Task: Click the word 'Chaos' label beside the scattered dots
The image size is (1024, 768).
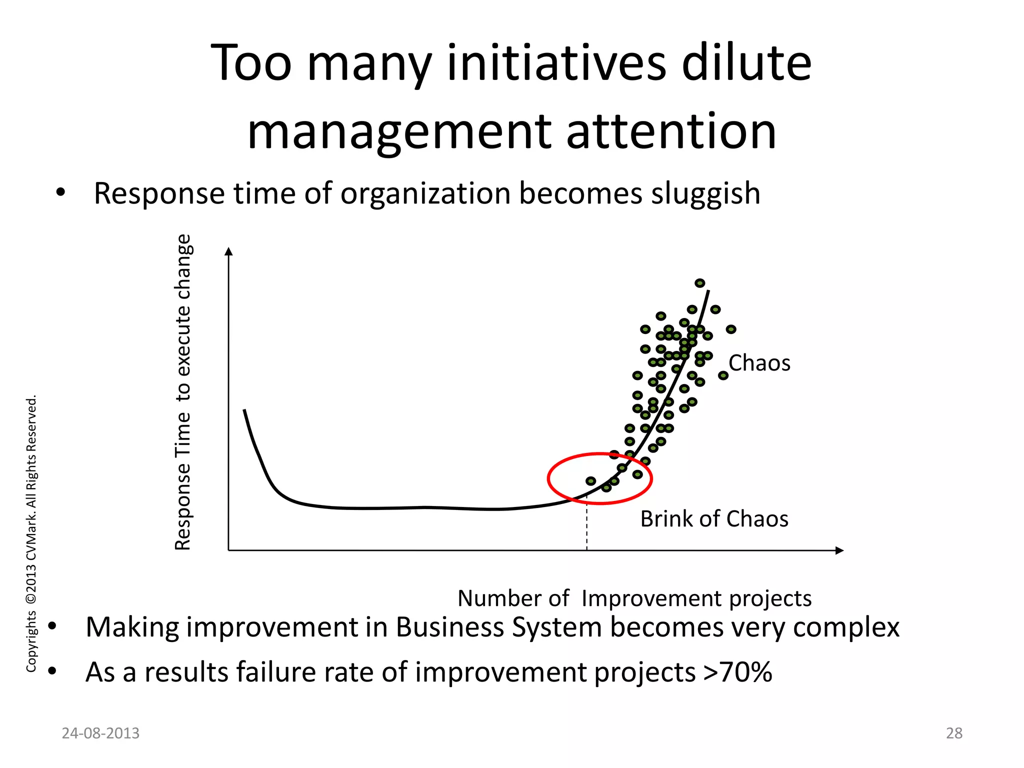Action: click(759, 363)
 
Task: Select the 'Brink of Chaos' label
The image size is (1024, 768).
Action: click(714, 519)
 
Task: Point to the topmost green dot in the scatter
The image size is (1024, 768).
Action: click(700, 283)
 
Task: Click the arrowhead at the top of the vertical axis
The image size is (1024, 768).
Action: click(229, 251)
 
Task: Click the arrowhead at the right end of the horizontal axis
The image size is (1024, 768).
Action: click(839, 550)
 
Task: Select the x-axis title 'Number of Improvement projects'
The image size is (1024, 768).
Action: click(634, 598)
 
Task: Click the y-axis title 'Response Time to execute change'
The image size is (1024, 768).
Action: click(183, 392)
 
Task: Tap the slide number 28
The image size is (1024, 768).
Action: click(954, 733)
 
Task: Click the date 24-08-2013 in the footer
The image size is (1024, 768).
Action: click(100, 733)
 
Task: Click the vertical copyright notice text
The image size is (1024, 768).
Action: click(31, 533)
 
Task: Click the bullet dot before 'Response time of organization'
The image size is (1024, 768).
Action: click(60, 193)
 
